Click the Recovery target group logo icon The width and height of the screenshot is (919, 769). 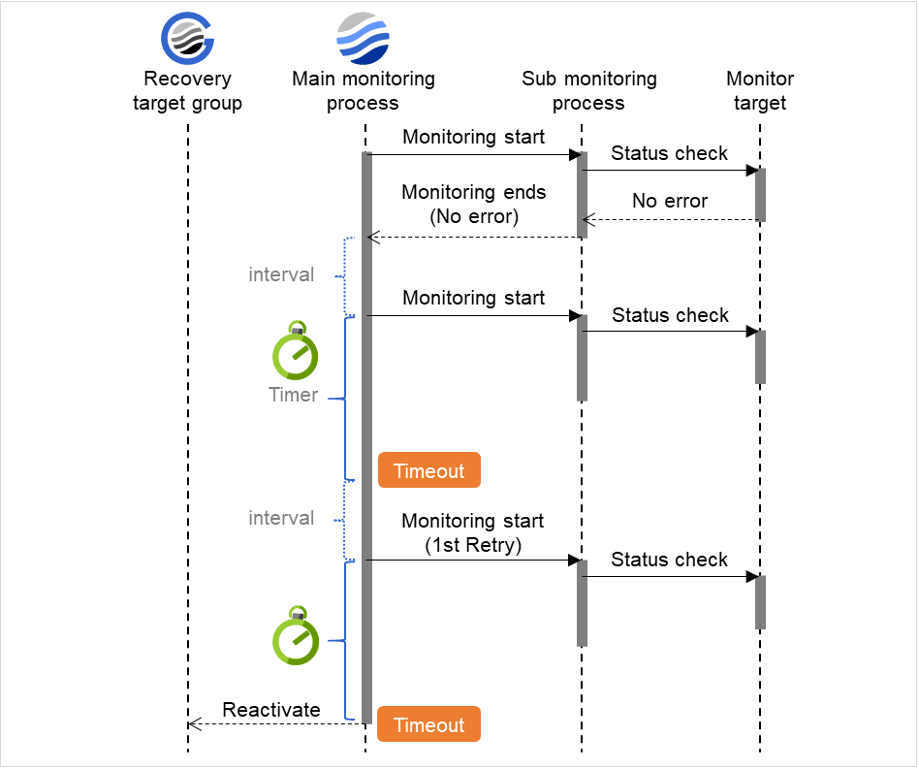(x=187, y=39)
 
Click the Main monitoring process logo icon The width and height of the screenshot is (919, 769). (x=363, y=39)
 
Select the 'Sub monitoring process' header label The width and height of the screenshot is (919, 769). (x=588, y=91)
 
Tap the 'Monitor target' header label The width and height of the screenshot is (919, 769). (x=760, y=91)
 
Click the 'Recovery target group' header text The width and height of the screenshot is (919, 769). (x=187, y=91)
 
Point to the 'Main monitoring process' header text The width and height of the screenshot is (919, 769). (x=364, y=91)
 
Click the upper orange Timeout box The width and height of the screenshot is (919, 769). (x=428, y=471)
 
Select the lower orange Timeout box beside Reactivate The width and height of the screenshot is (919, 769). (x=428, y=725)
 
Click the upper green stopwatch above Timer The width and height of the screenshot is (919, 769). (x=296, y=351)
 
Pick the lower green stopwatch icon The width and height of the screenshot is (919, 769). (x=296, y=636)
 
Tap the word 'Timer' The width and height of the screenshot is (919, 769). (x=293, y=395)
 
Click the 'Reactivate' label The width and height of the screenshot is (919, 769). (x=271, y=710)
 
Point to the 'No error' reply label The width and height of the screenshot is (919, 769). (x=670, y=202)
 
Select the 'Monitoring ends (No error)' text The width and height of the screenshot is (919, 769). (x=473, y=205)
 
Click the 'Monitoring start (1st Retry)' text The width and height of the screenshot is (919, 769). (x=473, y=533)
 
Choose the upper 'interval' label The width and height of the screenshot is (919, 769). (x=281, y=274)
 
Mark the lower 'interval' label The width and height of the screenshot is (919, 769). (x=281, y=518)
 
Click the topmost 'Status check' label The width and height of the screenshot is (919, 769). (x=669, y=153)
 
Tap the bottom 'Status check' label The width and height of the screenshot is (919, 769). (x=669, y=560)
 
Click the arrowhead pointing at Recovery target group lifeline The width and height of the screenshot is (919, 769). (x=193, y=723)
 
